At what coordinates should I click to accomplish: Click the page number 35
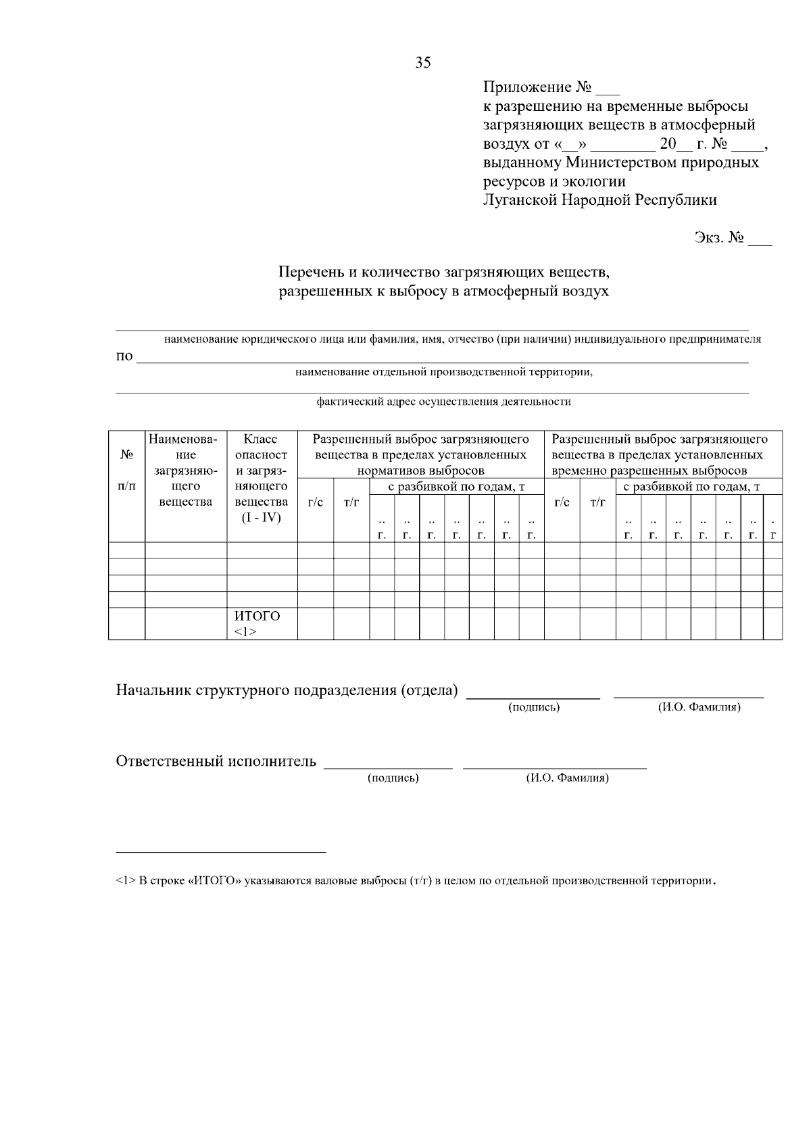click(x=423, y=63)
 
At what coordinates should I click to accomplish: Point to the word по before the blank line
click(x=124, y=356)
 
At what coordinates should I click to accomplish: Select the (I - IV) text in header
click(x=261, y=517)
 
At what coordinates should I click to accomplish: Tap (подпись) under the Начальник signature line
click(x=533, y=707)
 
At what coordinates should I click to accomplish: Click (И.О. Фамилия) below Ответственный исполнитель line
click(x=567, y=778)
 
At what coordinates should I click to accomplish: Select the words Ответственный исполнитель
click(x=216, y=761)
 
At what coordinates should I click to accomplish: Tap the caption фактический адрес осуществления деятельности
click(x=443, y=402)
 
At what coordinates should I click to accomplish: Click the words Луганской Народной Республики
click(x=599, y=200)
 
